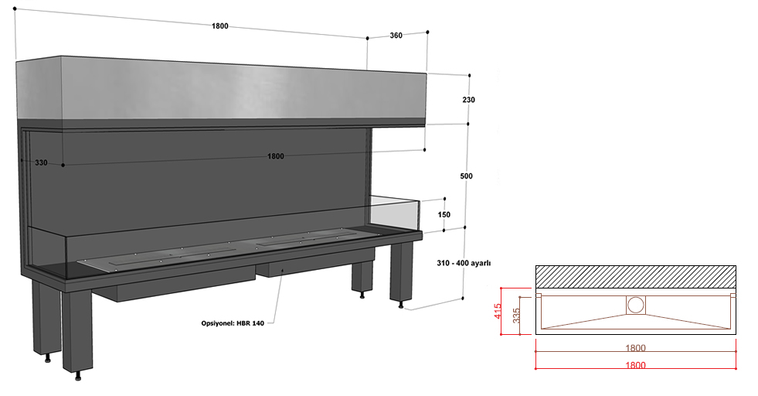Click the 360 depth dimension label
(396, 36)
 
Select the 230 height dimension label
(468, 100)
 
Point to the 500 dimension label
(466, 176)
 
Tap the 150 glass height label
(444, 214)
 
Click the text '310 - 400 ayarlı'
(464, 263)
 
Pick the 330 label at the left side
(41, 162)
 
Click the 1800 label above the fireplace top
(219, 26)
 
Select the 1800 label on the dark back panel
(276, 156)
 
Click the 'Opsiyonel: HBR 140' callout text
(233, 323)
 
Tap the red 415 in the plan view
(498, 310)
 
